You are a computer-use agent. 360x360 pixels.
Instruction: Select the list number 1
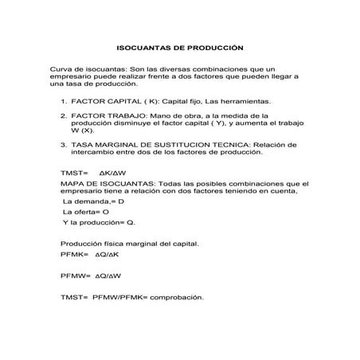pyautogui.click(x=63, y=102)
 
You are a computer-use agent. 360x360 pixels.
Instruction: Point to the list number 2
pyautogui.click(x=63, y=116)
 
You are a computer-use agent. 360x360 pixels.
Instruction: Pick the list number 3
pyautogui.click(x=63, y=145)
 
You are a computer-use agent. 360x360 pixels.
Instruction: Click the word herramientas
pyautogui.click(x=248, y=102)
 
